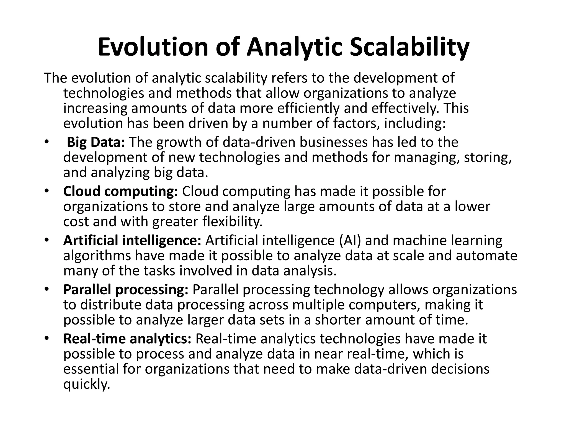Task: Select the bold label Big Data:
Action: tap(96, 142)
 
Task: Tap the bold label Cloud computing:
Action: tap(120, 192)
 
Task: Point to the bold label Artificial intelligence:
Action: tap(132, 240)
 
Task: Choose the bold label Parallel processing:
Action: tap(126, 290)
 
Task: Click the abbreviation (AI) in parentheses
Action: tap(350, 240)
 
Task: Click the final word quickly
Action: tap(87, 384)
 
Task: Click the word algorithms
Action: tap(97, 256)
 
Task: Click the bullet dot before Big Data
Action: tap(46, 142)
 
